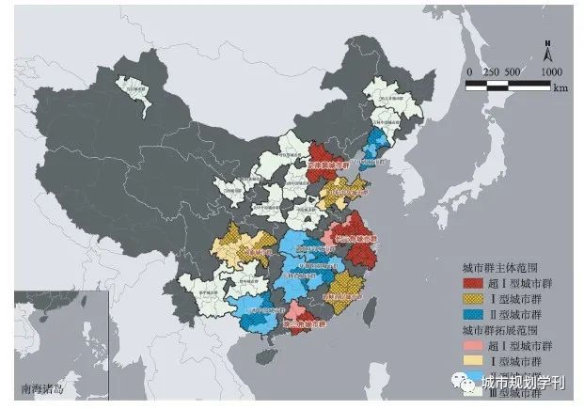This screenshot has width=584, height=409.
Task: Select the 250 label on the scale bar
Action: [x=492, y=72]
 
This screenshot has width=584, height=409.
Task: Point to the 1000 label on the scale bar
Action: [x=552, y=72]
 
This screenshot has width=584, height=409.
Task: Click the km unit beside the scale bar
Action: [x=560, y=88]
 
